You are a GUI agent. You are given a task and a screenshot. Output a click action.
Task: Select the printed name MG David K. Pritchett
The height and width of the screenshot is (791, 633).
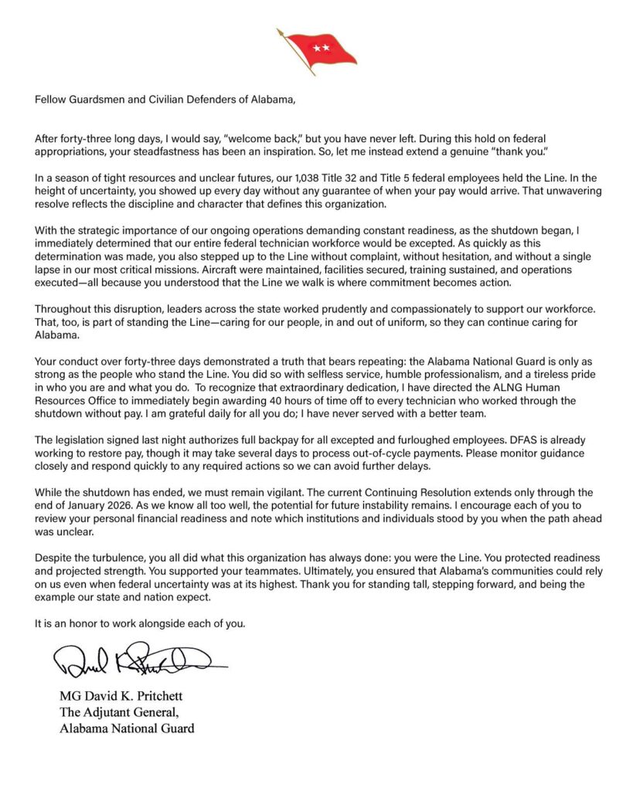(121, 696)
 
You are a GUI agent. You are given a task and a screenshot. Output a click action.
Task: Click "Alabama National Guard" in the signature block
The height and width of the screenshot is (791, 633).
(127, 728)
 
